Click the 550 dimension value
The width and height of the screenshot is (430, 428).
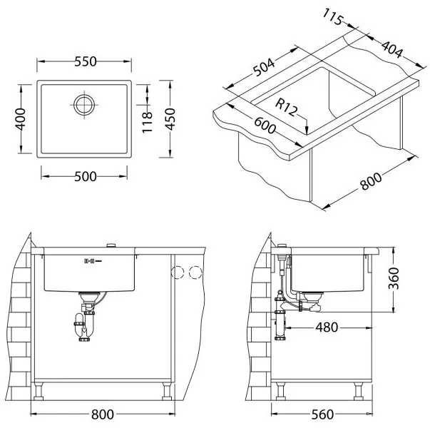86,61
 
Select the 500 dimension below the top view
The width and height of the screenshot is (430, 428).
86,176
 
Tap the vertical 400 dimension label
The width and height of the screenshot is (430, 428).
20,119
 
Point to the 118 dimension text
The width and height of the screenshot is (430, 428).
147,123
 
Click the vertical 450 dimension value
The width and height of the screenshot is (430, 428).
170,119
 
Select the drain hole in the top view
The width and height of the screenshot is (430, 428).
84,105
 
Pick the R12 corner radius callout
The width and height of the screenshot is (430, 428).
286,107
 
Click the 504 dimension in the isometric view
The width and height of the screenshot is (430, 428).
263,67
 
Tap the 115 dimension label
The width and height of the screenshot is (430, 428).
332,17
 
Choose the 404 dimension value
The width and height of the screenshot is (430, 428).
392,49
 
